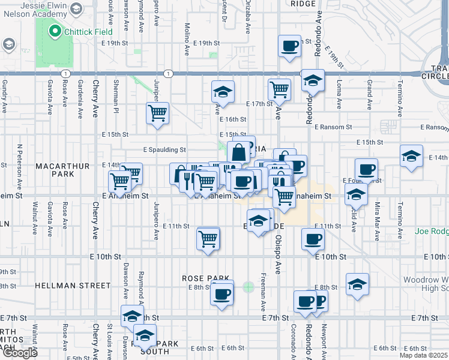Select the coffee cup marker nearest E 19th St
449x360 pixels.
[x=289, y=46]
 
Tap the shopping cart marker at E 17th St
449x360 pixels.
[x=279, y=90]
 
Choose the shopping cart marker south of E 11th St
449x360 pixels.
[x=208, y=239]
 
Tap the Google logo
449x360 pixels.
[x=19, y=353]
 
